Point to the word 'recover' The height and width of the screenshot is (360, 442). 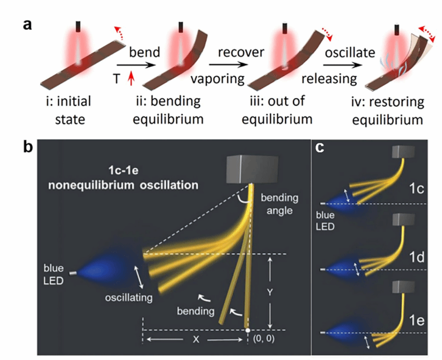(242, 53)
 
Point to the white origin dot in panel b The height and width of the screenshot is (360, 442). (248, 330)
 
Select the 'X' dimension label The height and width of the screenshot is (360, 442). (194, 342)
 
